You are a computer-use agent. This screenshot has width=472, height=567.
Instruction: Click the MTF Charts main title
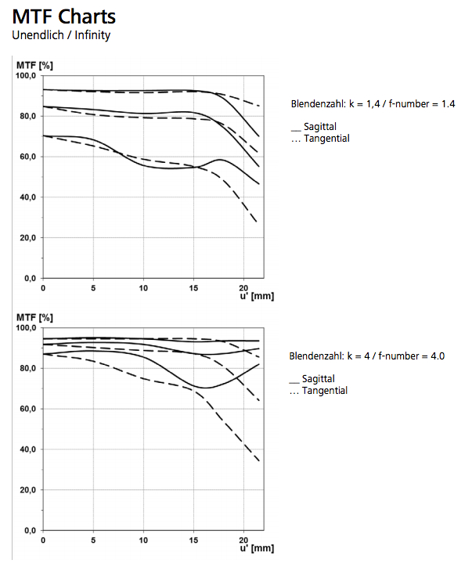coord(64,16)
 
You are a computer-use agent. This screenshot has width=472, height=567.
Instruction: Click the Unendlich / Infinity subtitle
coord(61,35)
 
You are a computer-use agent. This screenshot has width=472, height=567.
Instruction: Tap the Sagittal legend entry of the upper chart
coord(314,126)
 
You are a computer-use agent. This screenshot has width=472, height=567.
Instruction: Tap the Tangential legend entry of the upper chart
coord(319,139)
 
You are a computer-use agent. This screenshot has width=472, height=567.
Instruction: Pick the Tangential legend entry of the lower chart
coord(319,391)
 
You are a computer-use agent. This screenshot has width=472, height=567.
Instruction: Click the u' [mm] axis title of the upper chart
coord(256,298)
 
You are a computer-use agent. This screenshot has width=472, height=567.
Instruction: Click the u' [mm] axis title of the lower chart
coord(256,550)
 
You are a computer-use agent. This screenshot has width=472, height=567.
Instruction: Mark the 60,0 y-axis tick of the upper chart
coord(28,157)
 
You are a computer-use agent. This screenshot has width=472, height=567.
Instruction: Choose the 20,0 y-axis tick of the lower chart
coord(28,490)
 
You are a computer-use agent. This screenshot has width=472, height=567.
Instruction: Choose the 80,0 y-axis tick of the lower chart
coord(28,369)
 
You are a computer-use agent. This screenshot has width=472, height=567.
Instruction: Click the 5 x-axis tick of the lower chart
coord(93,541)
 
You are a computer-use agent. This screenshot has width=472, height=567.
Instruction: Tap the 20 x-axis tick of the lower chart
coord(243,541)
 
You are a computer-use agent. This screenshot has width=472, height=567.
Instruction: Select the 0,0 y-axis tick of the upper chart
coord(30,278)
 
